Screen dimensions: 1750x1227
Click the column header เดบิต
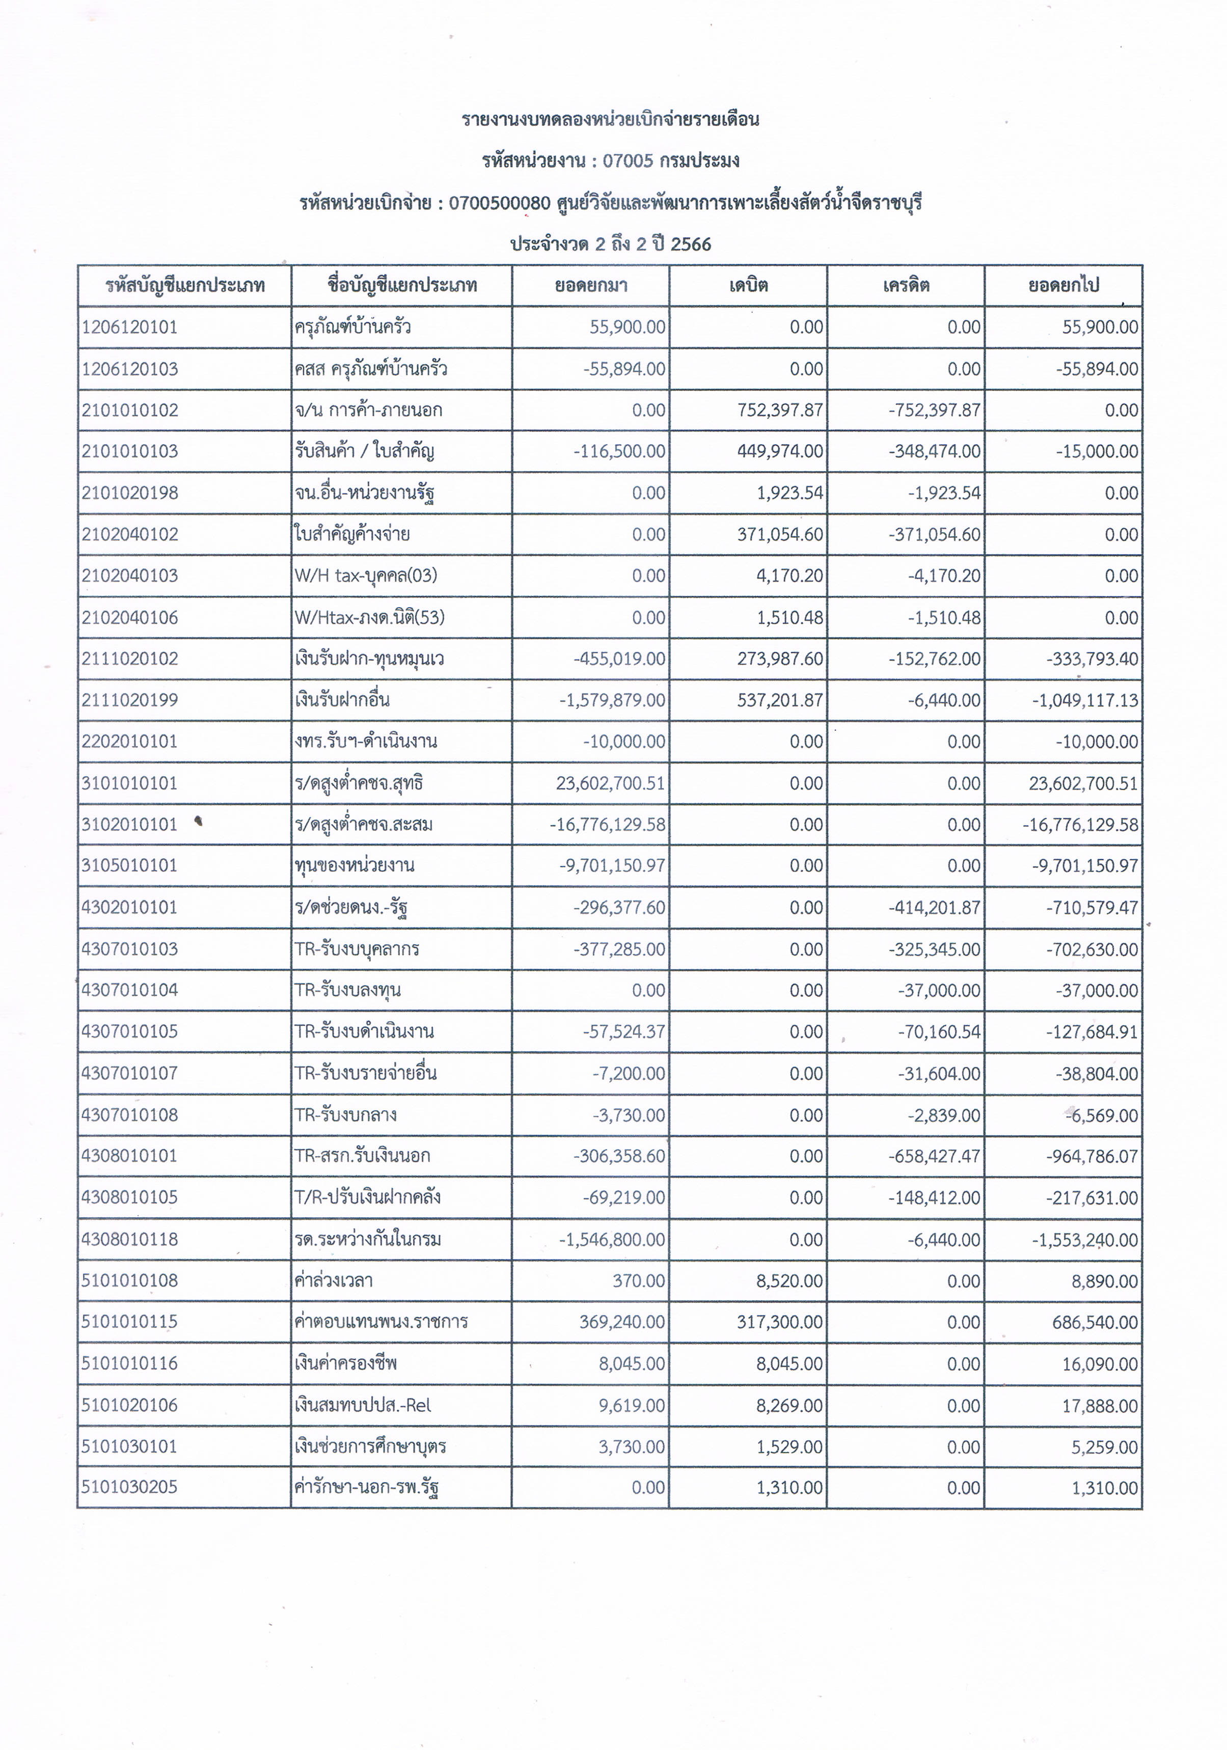748,286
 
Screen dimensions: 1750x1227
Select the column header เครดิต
906,286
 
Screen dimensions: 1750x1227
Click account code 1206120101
129,327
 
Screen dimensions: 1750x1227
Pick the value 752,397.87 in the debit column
780,410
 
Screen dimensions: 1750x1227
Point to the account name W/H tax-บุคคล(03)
366,576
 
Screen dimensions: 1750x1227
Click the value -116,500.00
619,451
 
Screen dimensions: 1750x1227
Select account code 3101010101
129,783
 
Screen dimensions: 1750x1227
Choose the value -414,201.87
934,908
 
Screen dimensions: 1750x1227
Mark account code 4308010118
129,1239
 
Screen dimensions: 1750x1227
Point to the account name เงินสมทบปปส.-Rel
363,1405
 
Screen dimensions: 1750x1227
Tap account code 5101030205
129,1487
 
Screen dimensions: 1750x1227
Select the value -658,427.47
934,1156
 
